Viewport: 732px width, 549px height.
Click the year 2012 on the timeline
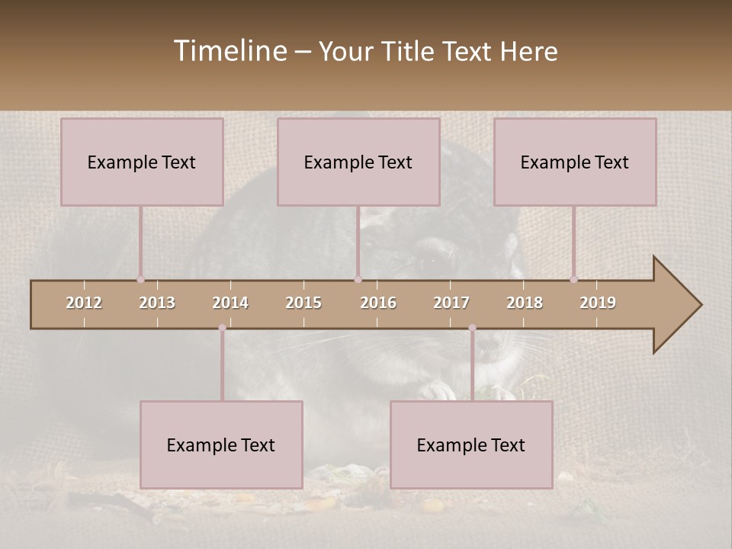[x=84, y=303]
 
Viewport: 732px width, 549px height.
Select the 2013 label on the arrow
[x=157, y=303]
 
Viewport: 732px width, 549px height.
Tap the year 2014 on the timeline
[x=230, y=303]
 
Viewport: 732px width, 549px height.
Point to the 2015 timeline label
[x=303, y=303]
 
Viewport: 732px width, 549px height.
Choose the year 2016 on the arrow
[x=378, y=303]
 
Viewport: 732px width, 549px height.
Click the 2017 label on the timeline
[x=451, y=303]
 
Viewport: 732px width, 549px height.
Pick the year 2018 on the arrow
[x=525, y=303]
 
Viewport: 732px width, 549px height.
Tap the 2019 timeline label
[x=598, y=303]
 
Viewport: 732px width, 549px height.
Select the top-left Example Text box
[x=142, y=162]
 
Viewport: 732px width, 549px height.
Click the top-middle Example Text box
[x=358, y=162]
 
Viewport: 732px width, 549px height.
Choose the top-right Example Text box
[x=575, y=162]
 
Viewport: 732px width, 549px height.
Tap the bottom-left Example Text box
[x=221, y=445]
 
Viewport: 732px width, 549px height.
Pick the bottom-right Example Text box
[x=471, y=445]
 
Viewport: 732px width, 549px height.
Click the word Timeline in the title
[x=229, y=51]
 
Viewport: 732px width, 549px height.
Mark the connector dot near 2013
[x=140, y=279]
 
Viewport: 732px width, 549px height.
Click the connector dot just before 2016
[x=358, y=279]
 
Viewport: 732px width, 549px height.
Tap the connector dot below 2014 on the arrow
[x=222, y=328]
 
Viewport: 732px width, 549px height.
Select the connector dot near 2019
[x=573, y=279]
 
